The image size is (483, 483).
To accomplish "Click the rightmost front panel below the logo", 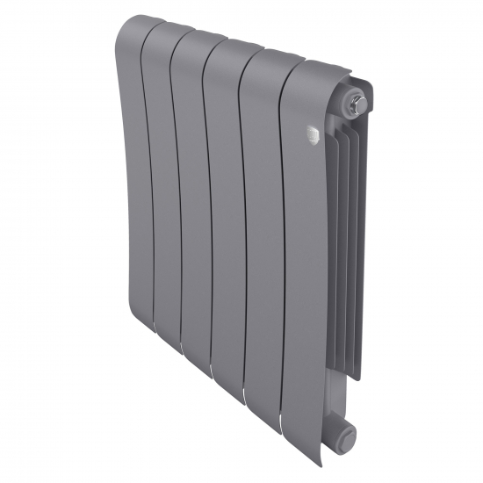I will pos(303,263).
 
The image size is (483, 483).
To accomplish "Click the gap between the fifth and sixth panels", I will pos(284,263).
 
